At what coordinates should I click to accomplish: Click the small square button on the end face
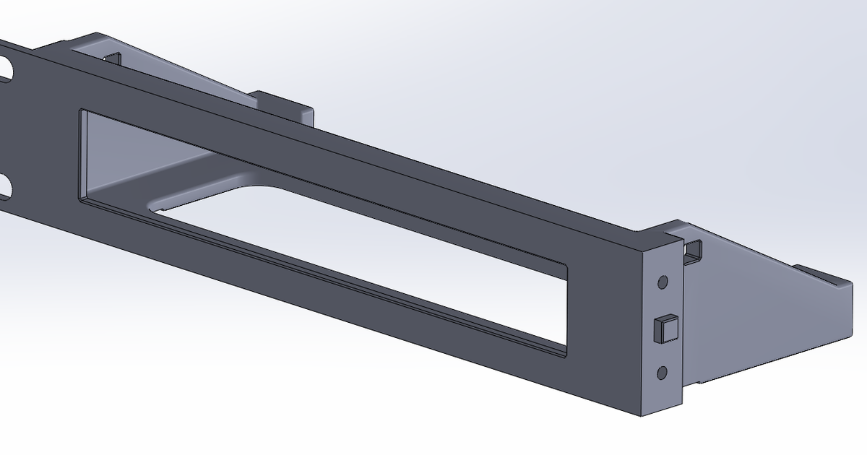(x=665, y=329)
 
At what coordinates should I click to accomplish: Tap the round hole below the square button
(x=662, y=373)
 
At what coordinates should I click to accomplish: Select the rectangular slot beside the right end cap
(x=694, y=250)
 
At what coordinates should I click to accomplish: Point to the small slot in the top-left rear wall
(x=113, y=58)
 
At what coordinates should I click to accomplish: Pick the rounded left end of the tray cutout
(x=155, y=206)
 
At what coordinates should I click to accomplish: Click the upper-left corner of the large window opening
(x=81, y=113)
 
